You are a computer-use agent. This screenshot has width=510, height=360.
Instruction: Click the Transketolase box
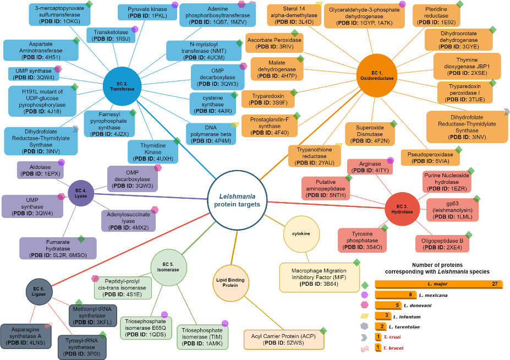(x=112, y=35)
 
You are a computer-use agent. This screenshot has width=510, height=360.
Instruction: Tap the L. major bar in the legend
(x=439, y=284)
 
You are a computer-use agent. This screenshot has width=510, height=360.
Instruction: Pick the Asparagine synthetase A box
(x=28, y=335)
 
